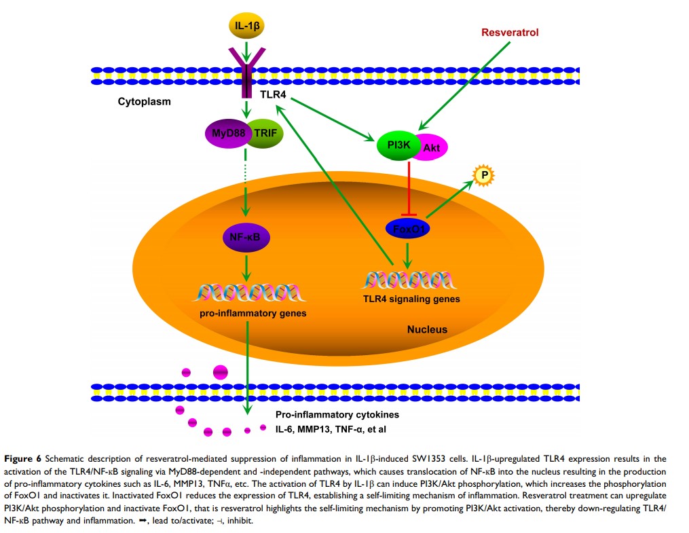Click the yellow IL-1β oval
click(x=246, y=26)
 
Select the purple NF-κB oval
click(x=246, y=237)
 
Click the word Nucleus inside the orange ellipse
click(x=427, y=329)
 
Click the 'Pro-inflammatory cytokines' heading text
click(x=336, y=414)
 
